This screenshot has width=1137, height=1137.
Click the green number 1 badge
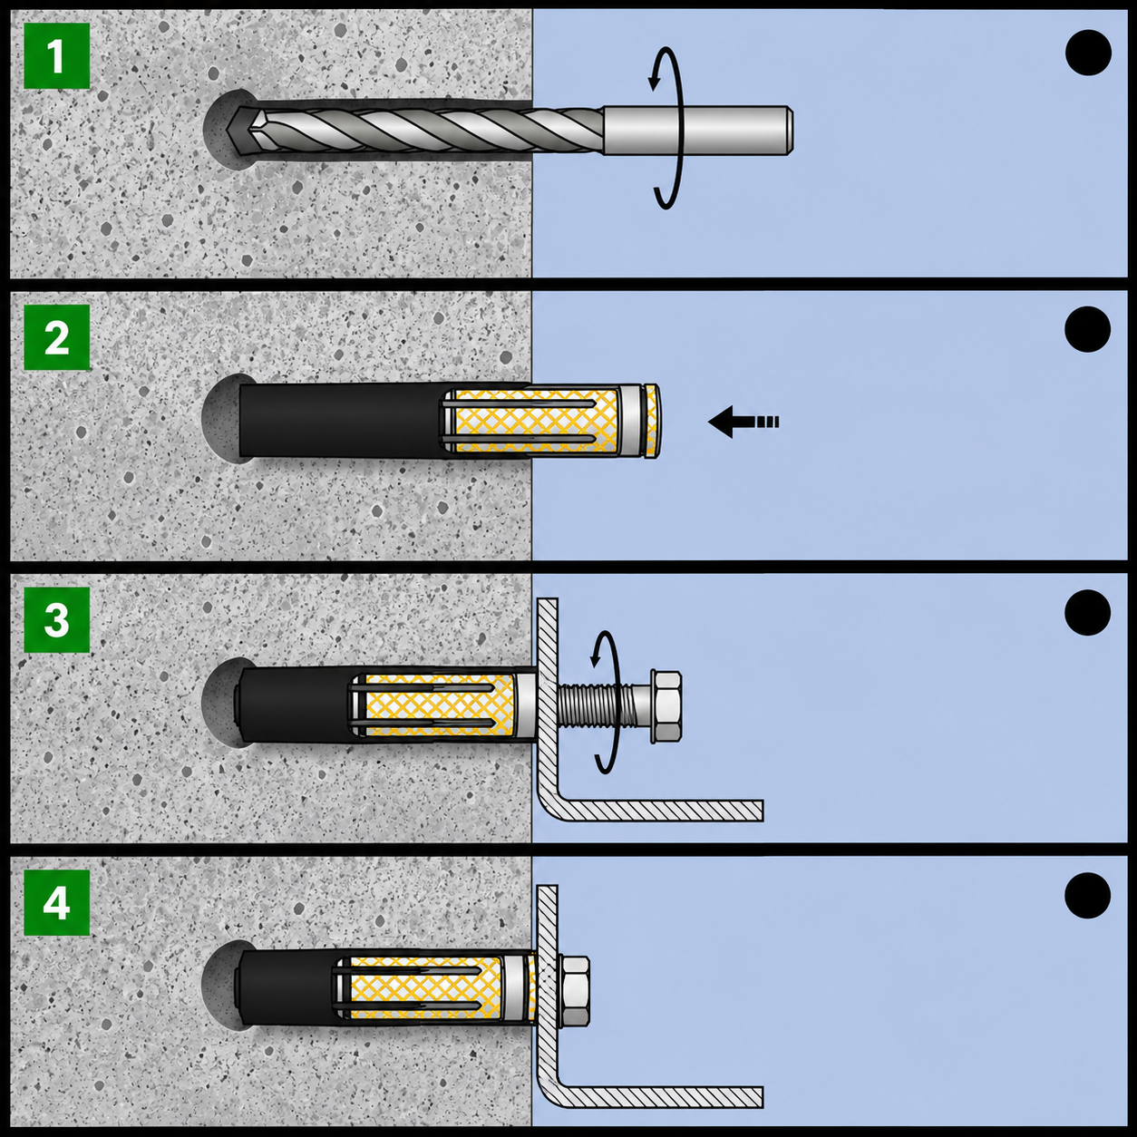coord(56,56)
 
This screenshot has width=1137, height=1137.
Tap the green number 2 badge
coord(56,337)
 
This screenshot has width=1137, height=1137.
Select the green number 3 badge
coord(56,619)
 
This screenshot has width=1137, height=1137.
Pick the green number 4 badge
coord(56,903)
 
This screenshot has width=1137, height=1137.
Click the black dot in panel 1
coord(1088,53)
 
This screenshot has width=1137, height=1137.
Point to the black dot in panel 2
coord(1087,329)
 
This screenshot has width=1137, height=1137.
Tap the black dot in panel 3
coord(1087,612)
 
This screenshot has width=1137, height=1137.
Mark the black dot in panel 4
coord(1087,896)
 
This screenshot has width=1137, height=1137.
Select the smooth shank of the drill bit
coord(697,131)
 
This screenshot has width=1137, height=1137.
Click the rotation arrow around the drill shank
coord(678,128)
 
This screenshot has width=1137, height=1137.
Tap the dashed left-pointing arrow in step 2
coord(743,422)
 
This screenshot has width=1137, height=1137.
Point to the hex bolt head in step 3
coord(666,705)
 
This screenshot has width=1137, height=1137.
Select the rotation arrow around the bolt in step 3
coord(615,702)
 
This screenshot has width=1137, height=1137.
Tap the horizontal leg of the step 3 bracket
coord(661,811)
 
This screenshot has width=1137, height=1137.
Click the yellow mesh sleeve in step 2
coord(537,421)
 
